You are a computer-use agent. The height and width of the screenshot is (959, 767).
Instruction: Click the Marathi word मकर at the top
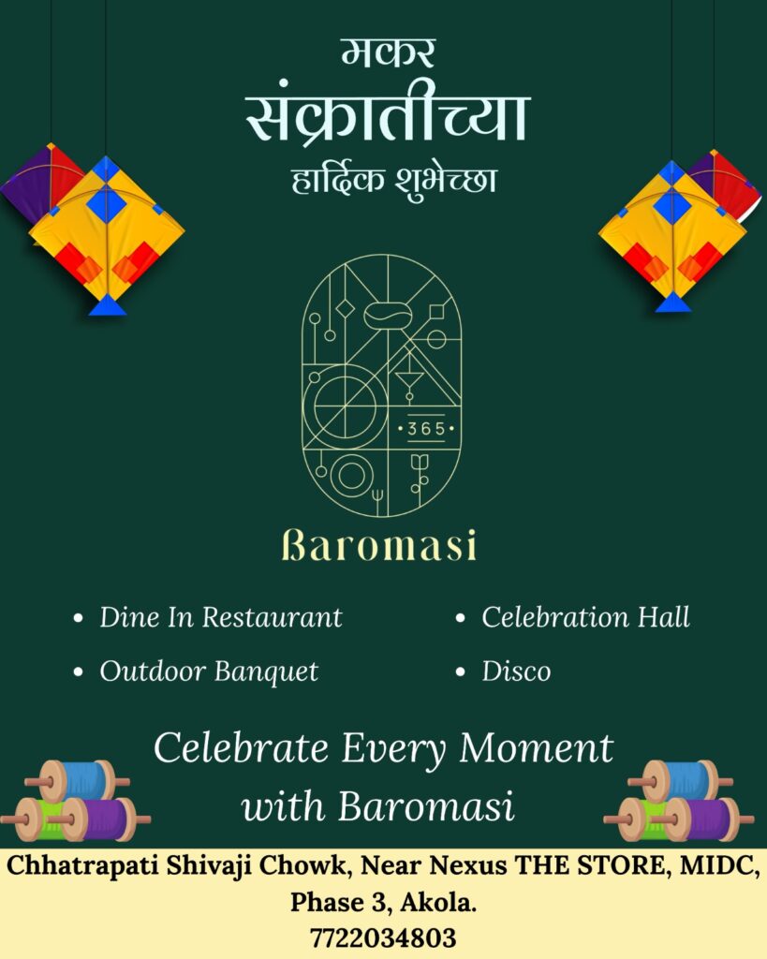click(x=388, y=53)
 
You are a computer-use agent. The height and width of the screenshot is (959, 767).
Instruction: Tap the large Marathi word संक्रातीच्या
click(x=387, y=116)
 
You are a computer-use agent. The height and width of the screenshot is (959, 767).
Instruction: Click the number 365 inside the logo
click(x=426, y=429)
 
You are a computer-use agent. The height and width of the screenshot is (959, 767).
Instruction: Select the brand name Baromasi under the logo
click(x=379, y=545)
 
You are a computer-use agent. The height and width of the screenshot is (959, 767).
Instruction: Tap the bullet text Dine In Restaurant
click(x=221, y=617)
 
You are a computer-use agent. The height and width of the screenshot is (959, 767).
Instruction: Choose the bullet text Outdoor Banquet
click(x=209, y=671)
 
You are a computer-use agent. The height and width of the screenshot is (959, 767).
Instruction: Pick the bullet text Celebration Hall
click(x=585, y=617)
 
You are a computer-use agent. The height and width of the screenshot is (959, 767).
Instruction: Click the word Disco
click(x=516, y=671)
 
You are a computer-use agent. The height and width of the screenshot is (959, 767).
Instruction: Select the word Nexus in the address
click(x=468, y=866)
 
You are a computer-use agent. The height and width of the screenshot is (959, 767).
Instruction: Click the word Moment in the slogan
click(x=537, y=748)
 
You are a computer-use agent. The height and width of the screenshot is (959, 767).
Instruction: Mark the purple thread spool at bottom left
click(x=101, y=819)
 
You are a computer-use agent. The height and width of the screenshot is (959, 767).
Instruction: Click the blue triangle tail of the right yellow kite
click(x=672, y=302)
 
